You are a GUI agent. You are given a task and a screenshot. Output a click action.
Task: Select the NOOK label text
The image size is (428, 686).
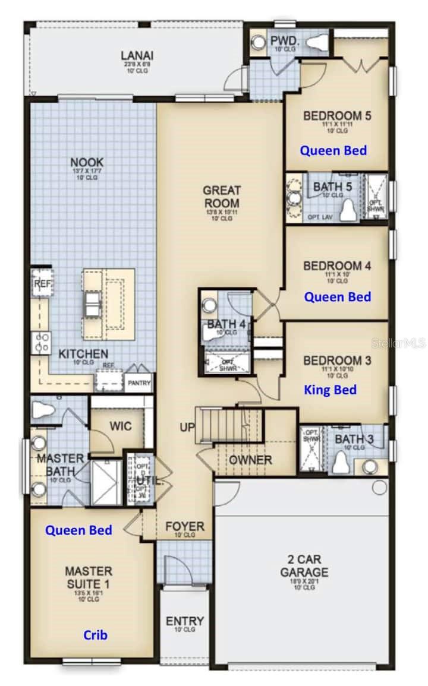click(x=87, y=162)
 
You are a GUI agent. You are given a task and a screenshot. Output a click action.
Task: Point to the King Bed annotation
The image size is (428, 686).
click(x=331, y=390)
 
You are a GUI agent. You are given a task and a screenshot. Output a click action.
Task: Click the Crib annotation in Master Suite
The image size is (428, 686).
click(x=95, y=635)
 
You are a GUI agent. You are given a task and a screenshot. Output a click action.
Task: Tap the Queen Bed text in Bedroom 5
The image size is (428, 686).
click(x=333, y=150)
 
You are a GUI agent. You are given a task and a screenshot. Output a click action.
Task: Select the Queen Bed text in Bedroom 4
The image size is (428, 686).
click(x=337, y=296)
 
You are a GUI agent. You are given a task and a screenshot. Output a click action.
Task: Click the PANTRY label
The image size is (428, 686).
click(x=139, y=383)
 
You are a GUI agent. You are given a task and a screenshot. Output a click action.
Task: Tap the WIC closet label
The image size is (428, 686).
click(x=121, y=426)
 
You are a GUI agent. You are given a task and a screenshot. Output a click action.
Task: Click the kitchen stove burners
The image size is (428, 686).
click(x=41, y=342)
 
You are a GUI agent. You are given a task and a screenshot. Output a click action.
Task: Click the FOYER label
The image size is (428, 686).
click(x=185, y=527)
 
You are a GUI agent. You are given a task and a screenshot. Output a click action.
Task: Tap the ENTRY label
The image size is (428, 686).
click(x=185, y=621)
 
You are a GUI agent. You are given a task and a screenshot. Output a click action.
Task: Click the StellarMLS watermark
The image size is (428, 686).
click(x=398, y=343)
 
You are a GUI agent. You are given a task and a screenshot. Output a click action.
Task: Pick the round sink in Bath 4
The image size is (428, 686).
click(x=209, y=305)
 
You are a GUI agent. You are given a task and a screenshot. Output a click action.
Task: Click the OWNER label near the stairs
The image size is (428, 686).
click(x=250, y=460)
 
